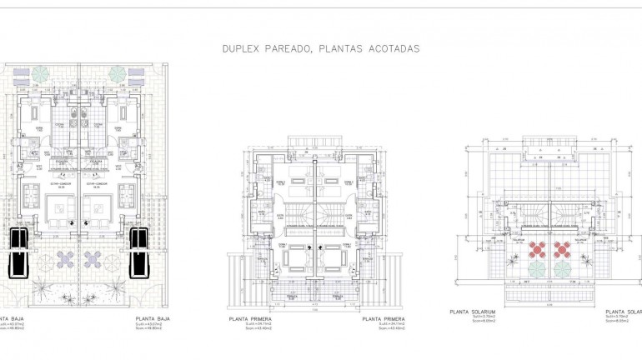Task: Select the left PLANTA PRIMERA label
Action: pos(254,318)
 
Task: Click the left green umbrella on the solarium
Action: pos(537,269)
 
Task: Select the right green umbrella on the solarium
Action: pos(562,269)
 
